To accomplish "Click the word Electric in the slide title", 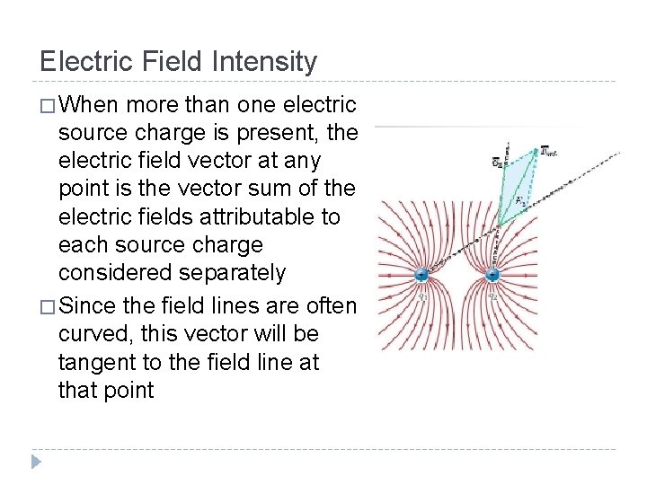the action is [86, 62].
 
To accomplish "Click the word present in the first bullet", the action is [273, 134].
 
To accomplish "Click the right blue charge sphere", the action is [492, 276].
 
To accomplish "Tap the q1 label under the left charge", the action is [421, 295].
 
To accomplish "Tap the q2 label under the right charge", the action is [492, 295].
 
